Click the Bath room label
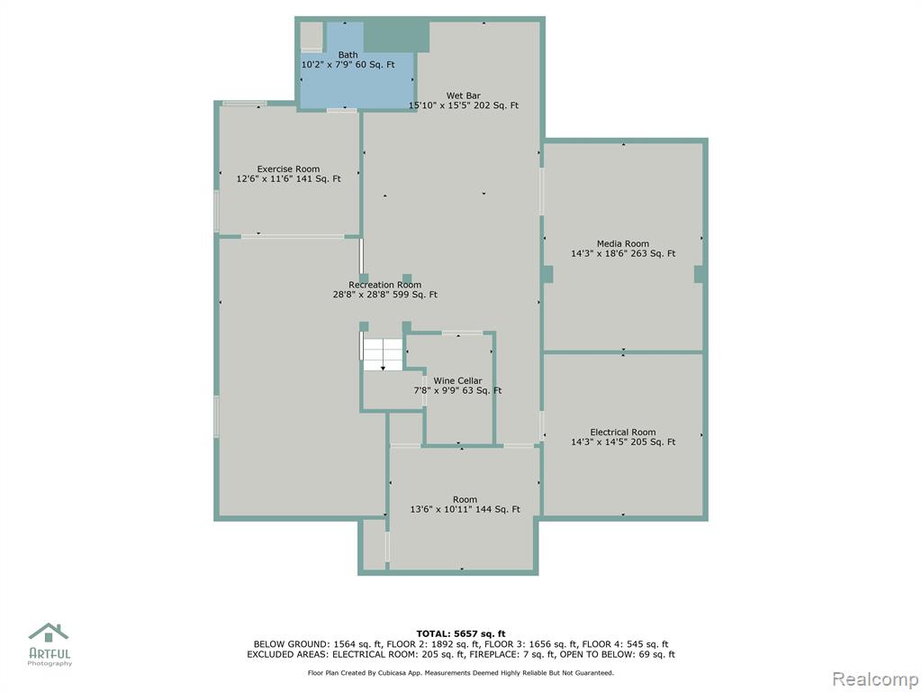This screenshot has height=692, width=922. [348, 55]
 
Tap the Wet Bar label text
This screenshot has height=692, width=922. [464, 96]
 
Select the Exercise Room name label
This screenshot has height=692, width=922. [288, 168]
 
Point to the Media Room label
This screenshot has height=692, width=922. [623, 243]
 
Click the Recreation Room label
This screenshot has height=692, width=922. [384, 285]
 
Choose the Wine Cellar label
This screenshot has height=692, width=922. [457, 381]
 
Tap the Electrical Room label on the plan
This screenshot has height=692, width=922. [623, 432]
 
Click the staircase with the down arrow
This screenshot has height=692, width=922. [382, 354]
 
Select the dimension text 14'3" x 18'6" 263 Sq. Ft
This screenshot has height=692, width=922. [623, 253]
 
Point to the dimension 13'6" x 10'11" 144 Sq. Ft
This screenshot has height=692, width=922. [465, 510]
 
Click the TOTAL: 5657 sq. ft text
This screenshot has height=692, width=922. [460, 633]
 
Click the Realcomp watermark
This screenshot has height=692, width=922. [875, 678]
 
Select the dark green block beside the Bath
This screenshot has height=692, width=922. [396, 37]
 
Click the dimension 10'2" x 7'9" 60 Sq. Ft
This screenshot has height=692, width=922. [348, 65]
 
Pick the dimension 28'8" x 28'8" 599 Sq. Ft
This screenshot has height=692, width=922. [384, 295]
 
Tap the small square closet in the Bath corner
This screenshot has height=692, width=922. [312, 36]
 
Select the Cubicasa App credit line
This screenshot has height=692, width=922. [460, 672]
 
